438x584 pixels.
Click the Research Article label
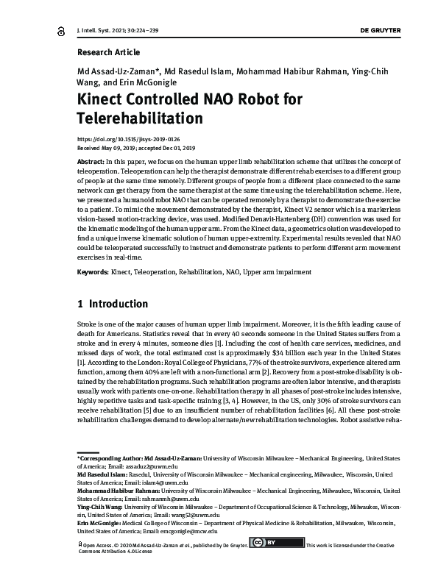[107, 52]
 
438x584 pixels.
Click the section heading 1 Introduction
[113, 303]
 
